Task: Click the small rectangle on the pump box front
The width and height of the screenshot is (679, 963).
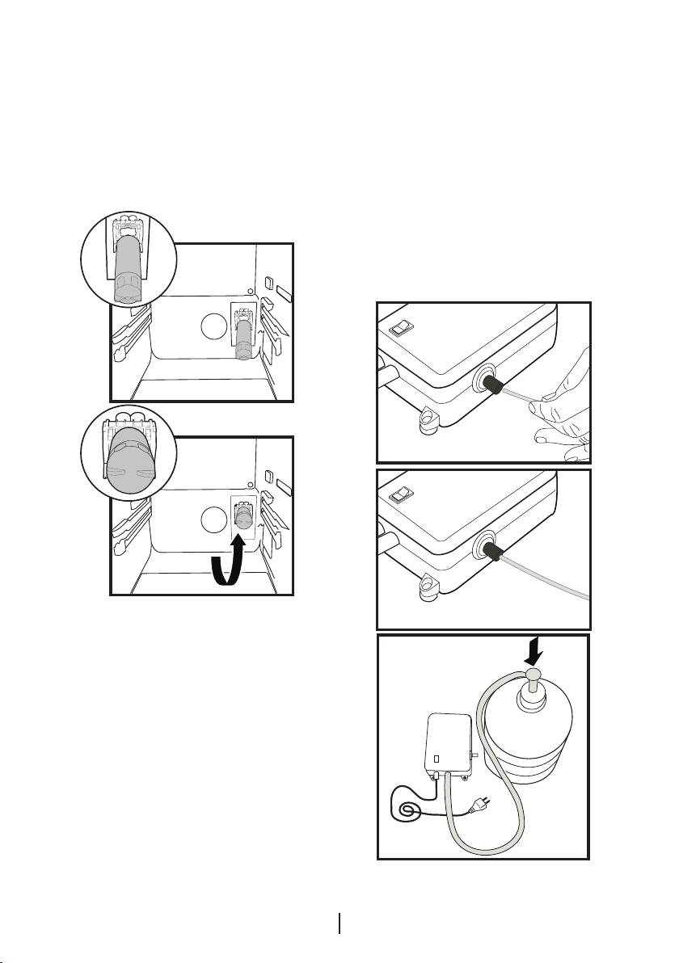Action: pyautogui.click(x=436, y=759)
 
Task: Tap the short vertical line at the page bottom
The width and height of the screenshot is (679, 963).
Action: pyautogui.click(x=340, y=923)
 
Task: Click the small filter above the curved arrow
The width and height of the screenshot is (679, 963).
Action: pyautogui.click(x=242, y=517)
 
